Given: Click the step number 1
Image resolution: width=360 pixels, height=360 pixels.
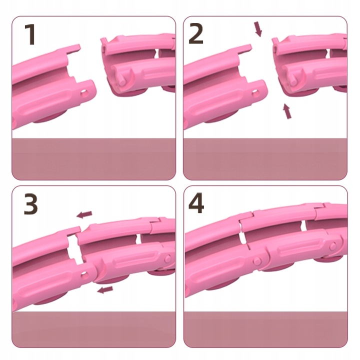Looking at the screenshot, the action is tap(30, 34).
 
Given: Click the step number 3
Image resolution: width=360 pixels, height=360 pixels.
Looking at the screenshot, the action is tap(31, 204).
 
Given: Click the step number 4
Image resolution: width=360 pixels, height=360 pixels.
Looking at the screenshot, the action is tap(196, 203).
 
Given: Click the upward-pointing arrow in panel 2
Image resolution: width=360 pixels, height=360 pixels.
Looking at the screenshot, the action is tap(287, 111).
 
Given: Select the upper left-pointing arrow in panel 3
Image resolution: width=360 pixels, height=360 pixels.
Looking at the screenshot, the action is tap(84, 214).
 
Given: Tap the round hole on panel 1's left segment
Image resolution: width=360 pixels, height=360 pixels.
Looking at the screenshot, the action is tap(84, 93).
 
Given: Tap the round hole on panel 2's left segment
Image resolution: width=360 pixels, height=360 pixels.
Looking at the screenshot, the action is tap(255, 93).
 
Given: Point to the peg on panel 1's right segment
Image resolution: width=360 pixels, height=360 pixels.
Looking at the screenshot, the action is tap(122, 79).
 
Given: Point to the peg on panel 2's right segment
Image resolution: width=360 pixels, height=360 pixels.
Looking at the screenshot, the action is tap(292, 79).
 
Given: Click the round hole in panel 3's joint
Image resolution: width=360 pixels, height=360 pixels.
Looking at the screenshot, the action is tap(84, 273).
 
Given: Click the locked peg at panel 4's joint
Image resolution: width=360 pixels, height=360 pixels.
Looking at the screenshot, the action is tap(257, 260).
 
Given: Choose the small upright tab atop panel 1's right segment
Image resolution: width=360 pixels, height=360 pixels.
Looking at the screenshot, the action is tap(104, 42).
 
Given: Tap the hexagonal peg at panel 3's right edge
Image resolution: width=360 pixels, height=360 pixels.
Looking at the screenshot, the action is tap(168, 258).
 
